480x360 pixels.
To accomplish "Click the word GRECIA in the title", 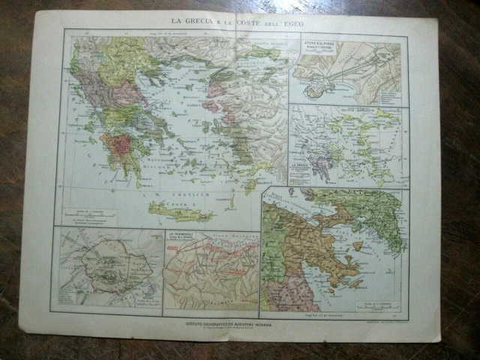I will [193, 20].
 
